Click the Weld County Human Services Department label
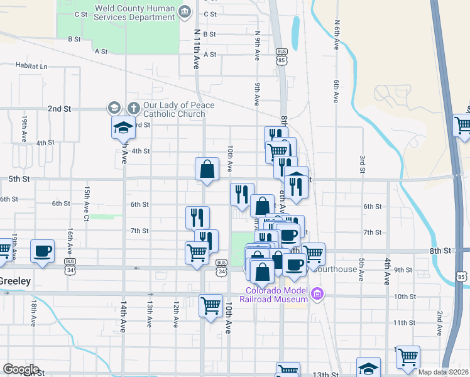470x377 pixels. point(134,13)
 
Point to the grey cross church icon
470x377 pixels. point(133,107)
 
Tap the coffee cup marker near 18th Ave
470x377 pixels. point(43,251)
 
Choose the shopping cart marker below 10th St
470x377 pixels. point(210,305)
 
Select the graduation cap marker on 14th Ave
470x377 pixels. point(123,128)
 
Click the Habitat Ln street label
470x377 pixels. point(30,66)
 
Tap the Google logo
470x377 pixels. point(20,369)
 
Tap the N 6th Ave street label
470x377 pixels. point(337,36)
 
